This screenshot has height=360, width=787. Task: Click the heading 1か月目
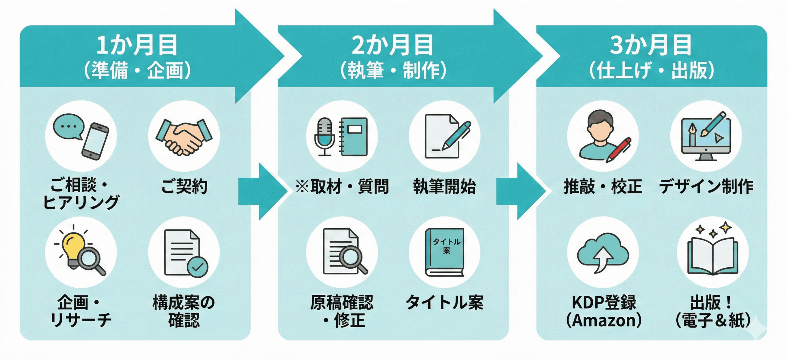137,45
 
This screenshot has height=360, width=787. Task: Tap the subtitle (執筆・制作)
393,70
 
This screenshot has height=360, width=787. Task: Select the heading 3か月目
651,45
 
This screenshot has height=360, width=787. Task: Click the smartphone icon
95,141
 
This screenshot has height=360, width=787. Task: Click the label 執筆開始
445,186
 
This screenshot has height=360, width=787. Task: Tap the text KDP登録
604,303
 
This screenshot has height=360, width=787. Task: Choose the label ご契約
184,186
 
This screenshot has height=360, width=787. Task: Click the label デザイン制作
706,186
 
